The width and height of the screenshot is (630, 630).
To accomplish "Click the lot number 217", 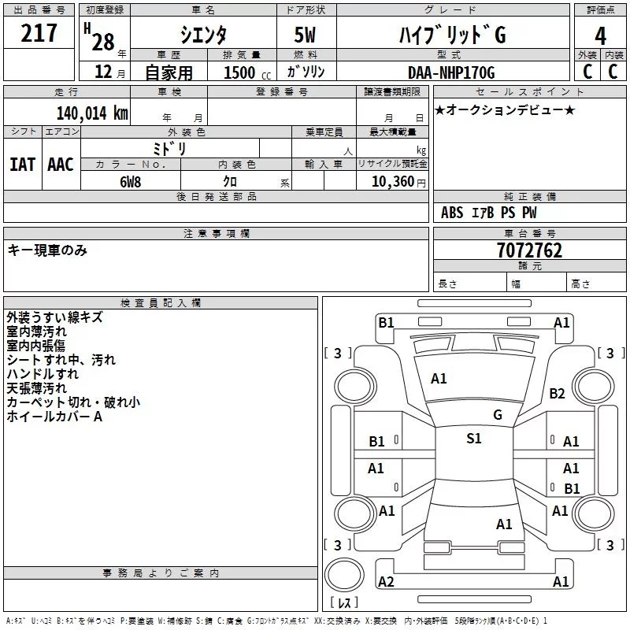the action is (39, 34).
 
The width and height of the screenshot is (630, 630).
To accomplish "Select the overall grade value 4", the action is (601, 35).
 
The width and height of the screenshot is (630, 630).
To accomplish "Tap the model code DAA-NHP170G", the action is (451, 72).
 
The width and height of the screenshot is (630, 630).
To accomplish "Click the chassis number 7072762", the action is (529, 251).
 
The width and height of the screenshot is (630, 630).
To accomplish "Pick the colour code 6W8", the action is (130, 182).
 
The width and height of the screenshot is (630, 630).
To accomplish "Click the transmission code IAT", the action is (23, 165).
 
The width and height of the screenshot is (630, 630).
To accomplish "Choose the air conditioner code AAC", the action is (61, 165).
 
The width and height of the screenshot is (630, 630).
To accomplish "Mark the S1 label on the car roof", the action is (473, 439).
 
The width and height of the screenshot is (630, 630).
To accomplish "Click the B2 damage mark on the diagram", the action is (558, 394).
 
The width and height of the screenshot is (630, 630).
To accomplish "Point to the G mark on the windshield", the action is (497, 415).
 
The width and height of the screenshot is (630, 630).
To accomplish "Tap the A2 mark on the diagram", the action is (386, 582).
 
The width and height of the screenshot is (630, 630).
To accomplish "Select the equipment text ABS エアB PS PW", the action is (489, 213).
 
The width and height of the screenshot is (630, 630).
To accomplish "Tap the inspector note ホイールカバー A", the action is (54, 417).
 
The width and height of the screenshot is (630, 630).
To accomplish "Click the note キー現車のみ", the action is (47, 250).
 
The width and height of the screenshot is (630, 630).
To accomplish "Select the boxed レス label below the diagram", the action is (343, 603).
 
